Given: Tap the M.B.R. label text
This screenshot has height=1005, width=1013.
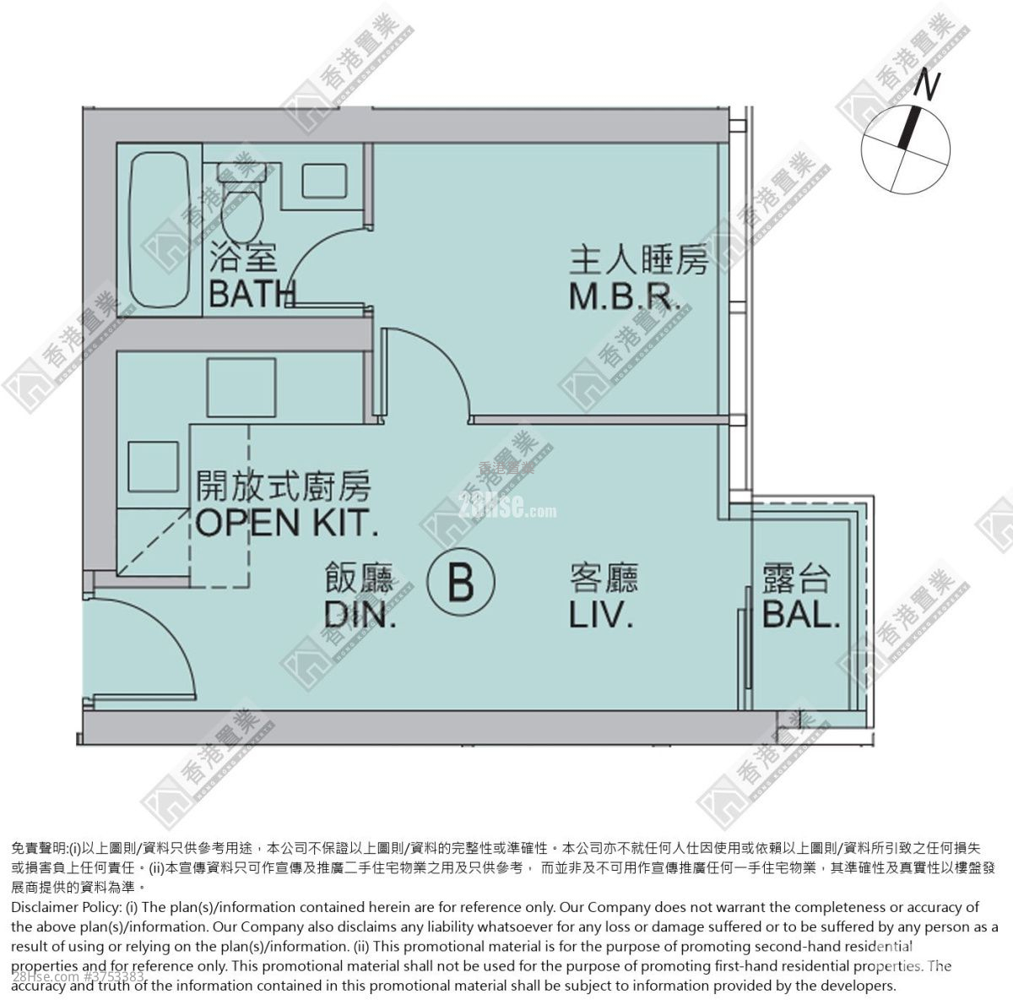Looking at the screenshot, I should click(x=624, y=296).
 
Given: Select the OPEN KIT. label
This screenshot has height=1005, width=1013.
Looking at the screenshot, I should click(x=285, y=523).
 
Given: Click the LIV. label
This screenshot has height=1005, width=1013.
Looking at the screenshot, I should click(x=602, y=614).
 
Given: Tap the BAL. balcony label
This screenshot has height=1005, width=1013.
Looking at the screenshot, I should click(x=801, y=614).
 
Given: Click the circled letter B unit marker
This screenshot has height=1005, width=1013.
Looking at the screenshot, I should click(x=462, y=582).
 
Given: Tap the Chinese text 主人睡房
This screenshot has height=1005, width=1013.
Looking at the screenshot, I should click(x=637, y=262).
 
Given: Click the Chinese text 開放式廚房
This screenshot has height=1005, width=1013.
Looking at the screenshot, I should click(x=284, y=486).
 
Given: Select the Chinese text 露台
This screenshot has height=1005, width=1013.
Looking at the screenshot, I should click(x=796, y=579).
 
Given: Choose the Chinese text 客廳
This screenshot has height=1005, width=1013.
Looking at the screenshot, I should click(x=604, y=578).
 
